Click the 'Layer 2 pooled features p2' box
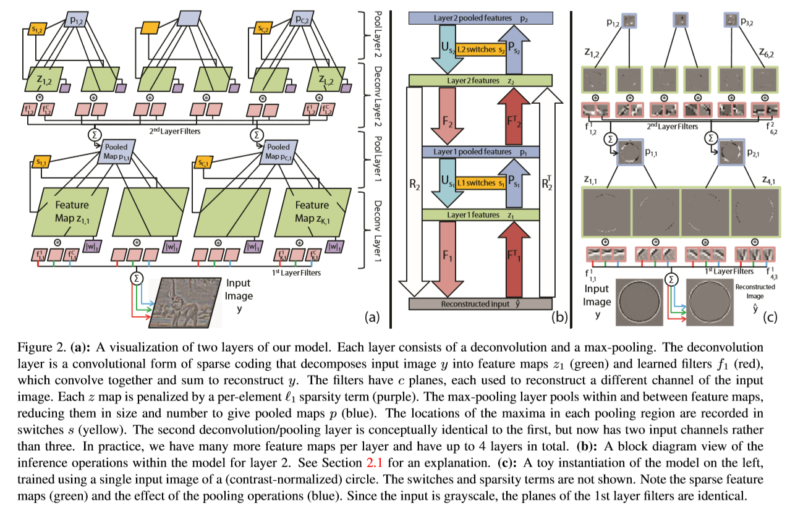[x=479, y=19]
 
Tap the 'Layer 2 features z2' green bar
[x=479, y=80]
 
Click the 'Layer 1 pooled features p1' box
[x=479, y=152]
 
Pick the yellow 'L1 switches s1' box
[x=479, y=184]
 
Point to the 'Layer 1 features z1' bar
[x=479, y=215]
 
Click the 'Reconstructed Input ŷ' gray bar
[x=479, y=304]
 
